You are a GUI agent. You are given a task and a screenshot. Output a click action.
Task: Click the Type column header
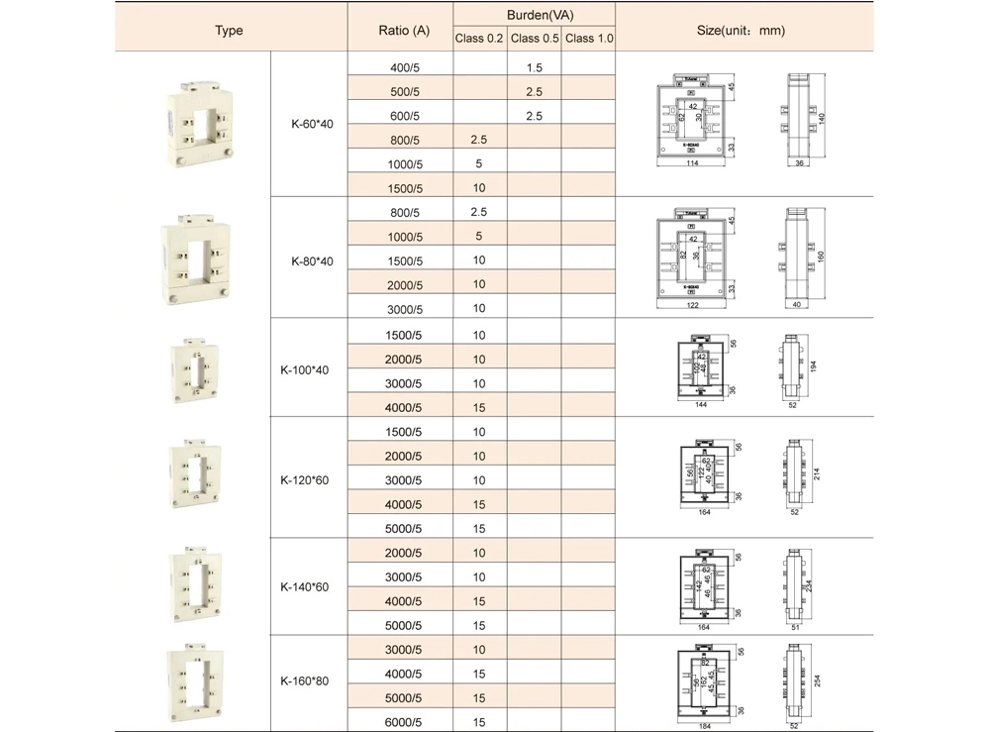pyautogui.click(x=229, y=31)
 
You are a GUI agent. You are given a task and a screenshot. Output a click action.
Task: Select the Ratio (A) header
pyautogui.click(x=404, y=31)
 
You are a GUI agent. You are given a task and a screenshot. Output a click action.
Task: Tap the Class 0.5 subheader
pyautogui.click(x=535, y=39)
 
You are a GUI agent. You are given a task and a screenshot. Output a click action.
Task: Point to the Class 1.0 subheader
pyautogui.click(x=589, y=39)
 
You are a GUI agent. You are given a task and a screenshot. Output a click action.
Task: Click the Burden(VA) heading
pyautogui.click(x=535, y=15)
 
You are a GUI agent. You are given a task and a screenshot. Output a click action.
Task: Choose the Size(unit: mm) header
pyautogui.click(x=742, y=31)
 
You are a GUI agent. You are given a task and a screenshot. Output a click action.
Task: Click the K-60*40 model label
pyautogui.click(x=310, y=125)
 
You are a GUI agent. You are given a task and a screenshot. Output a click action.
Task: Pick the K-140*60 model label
pyautogui.click(x=310, y=587)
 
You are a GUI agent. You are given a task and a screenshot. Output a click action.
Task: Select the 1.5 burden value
pyautogui.click(x=535, y=67)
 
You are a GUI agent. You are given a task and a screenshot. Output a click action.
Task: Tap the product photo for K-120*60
pyautogui.click(x=194, y=478)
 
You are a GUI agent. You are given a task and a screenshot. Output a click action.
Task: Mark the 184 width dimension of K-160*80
pyautogui.click(x=705, y=727)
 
